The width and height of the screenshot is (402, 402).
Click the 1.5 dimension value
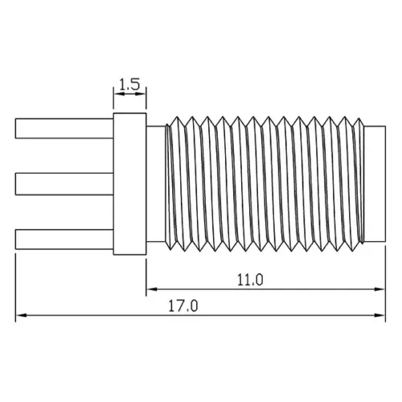coord(129,83)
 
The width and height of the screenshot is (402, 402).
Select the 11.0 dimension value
coord(251,280)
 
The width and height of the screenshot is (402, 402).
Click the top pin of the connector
coord(64,129)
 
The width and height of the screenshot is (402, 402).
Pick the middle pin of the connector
coord(64,185)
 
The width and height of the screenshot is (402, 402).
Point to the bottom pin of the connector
coord(64,239)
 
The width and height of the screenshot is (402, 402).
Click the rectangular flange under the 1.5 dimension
coord(129,185)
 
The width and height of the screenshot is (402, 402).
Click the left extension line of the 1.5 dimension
coord(113,100)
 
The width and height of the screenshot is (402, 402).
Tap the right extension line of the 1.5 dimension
coord(146,100)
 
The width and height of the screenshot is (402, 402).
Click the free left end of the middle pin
coord(17,185)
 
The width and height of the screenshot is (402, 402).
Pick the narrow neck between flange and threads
coord(155,185)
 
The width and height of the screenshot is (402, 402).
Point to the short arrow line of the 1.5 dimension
coord(129,95)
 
